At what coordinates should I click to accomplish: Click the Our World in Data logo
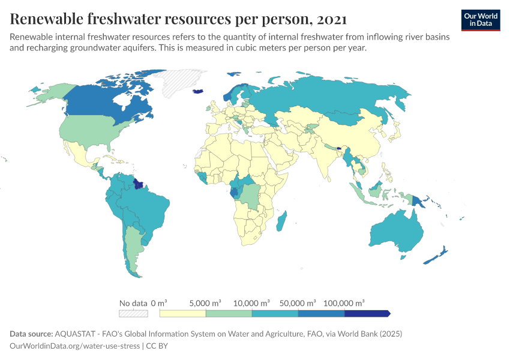(x=480, y=20)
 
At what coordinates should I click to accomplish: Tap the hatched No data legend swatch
(x=133, y=313)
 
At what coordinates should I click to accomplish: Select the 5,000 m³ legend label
(x=206, y=303)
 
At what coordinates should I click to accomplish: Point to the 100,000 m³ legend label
(x=344, y=303)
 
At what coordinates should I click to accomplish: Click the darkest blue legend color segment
(x=367, y=313)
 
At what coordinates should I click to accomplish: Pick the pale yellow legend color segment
(x=182, y=313)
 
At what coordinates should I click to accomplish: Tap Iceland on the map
(x=199, y=91)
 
